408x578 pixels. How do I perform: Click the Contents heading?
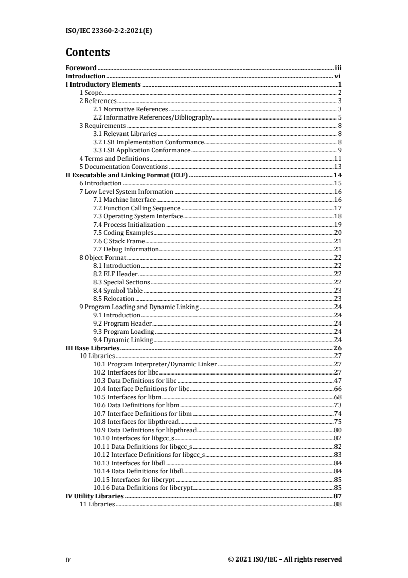tap(88, 53)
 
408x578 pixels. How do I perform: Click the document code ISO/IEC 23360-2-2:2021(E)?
tap(109, 30)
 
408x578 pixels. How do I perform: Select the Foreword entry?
tap(81, 68)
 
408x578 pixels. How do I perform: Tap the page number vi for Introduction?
tap(338, 76)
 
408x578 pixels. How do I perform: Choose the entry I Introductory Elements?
tap(103, 84)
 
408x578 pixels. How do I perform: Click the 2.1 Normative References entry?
tap(130, 109)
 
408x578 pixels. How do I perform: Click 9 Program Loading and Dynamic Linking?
tap(138, 307)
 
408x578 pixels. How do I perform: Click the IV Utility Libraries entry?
tap(95, 496)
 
